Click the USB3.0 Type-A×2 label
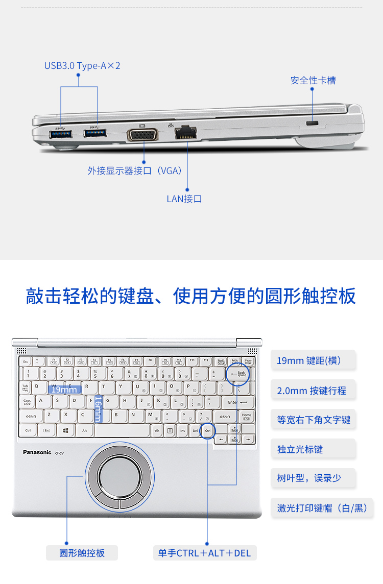(x=82, y=66)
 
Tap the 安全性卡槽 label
(x=313, y=80)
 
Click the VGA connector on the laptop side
(x=142, y=135)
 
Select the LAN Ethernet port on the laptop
(x=186, y=133)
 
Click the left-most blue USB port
(x=61, y=134)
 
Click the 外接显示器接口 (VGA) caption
(x=135, y=171)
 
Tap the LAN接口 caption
(x=184, y=199)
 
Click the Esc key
(x=26, y=361)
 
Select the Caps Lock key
(x=28, y=402)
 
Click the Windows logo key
(x=66, y=430)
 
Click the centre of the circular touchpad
(x=119, y=476)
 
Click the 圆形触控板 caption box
(x=82, y=553)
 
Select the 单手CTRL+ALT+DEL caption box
(x=204, y=553)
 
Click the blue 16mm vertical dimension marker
(x=98, y=409)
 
